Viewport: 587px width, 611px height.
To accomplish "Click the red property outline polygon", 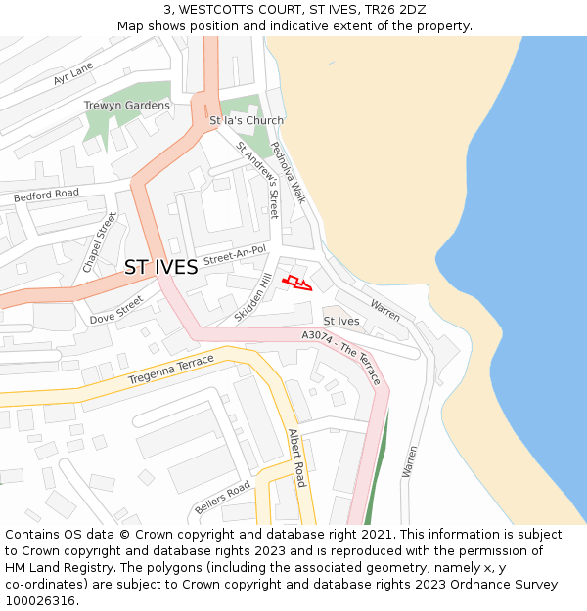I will [297, 284].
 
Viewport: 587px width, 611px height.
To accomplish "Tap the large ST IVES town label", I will [160, 267].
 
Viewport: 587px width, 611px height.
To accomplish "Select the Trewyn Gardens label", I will [126, 106].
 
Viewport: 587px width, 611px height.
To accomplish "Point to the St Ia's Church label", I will [247, 121].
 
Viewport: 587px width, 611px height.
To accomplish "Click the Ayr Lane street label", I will [73, 71].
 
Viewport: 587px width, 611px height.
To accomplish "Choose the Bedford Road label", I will [46, 196].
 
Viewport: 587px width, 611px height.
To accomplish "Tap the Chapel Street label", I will [100, 242].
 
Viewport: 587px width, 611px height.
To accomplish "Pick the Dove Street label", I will [116, 311].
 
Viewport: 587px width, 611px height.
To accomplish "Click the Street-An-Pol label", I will [235, 254].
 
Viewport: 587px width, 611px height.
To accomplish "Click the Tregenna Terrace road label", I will [170, 371].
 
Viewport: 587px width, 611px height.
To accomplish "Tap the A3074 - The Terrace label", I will [341, 357].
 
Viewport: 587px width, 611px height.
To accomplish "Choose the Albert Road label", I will [296, 458].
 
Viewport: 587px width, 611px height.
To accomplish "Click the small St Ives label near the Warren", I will [341, 321].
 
